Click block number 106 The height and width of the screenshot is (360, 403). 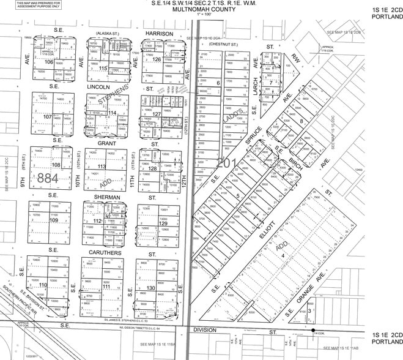(x=49, y=61)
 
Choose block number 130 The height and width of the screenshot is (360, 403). (x=151, y=288)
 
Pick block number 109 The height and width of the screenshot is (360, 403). (x=53, y=220)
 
